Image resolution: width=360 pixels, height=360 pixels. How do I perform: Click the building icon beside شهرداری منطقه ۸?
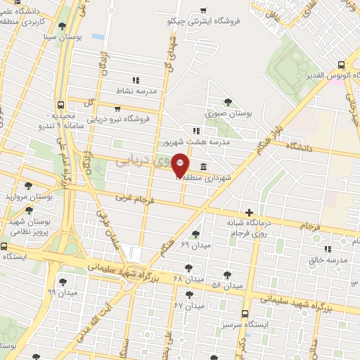tap(203, 167)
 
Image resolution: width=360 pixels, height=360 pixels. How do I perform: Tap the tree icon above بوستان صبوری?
tap(228, 102)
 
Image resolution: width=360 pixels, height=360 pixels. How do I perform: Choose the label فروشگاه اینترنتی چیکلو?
tap(204, 21)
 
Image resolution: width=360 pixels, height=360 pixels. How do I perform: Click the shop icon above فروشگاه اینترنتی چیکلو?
tap(203, 10)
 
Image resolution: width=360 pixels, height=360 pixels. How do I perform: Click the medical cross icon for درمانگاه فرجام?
tap(249, 212)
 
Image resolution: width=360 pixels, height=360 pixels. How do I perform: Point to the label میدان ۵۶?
tap(226, 285)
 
